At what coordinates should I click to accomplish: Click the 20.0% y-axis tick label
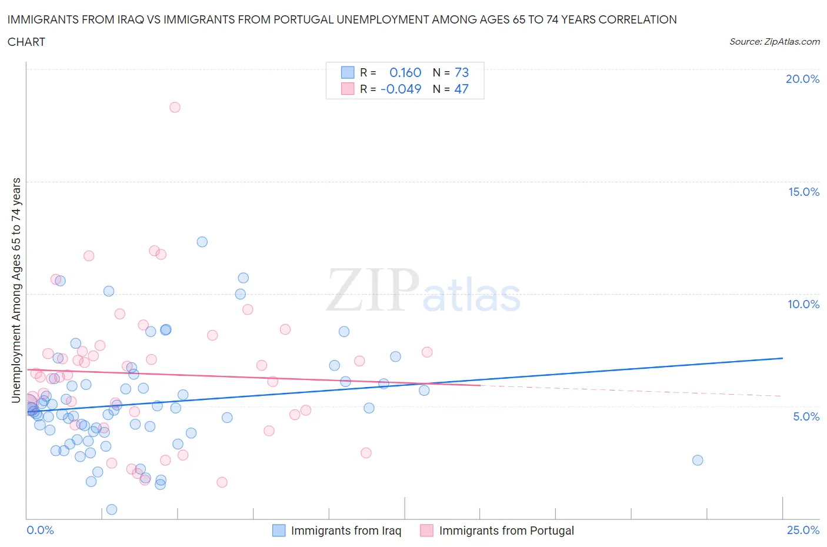(802, 79)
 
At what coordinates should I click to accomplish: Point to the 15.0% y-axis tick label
(803, 192)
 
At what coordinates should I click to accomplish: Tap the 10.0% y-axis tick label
(803, 304)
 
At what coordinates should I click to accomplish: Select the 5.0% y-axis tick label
(806, 416)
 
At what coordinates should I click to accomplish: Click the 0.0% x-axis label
(40, 530)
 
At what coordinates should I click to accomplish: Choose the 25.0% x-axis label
(803, 530)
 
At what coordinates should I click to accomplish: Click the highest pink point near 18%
(175, 107)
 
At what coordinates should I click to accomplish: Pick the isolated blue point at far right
(698, 460)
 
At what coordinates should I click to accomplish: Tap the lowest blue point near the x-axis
(112, 509)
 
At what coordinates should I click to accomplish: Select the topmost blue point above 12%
(202, 242)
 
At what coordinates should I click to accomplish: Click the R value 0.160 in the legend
(405, 72)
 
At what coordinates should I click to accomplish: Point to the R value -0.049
(401, 89)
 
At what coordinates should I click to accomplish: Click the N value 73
(462, 72)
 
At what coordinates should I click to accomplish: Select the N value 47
(461, 89)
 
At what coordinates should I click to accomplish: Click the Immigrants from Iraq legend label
(346, 531)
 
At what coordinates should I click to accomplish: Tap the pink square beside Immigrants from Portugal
(426, 531)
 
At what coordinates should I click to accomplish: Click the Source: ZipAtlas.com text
(774, 42)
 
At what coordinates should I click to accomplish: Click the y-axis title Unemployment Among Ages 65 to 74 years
(16, 290)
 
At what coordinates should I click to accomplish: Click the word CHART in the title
(26, 42)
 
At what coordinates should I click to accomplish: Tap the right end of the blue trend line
(782, 358)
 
